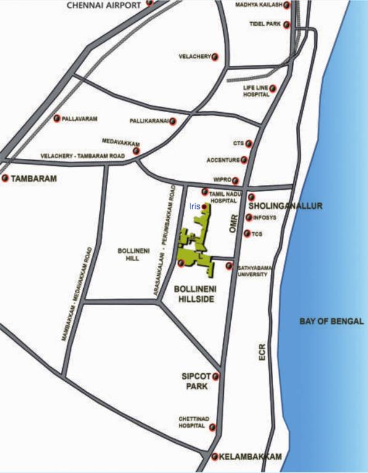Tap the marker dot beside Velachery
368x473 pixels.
[x=215, y=57]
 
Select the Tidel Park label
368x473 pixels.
[x=264, y=24]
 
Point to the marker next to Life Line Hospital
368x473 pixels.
[x=273, y=89]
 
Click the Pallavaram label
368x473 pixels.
[x=80, y=118]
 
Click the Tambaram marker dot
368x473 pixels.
[x=6, y=179]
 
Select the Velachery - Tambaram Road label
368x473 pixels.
[x=82, y=156]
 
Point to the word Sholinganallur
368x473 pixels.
[x=285, y=206]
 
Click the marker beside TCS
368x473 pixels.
[x=247, y=233]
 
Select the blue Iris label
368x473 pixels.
[x=194, y=207]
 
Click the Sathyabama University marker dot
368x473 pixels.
[x=229, y=266]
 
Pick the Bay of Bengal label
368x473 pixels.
[x=332, y=321]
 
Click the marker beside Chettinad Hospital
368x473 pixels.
[x=213, y=426]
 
